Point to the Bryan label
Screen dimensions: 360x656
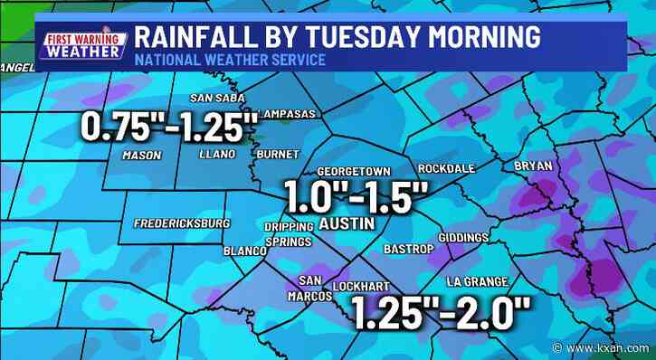point(532,166)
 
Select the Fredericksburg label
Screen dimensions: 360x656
point(182,223)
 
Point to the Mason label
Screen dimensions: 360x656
point(141,156)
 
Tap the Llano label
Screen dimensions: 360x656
point(217,155)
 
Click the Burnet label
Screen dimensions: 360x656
point(271,155)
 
